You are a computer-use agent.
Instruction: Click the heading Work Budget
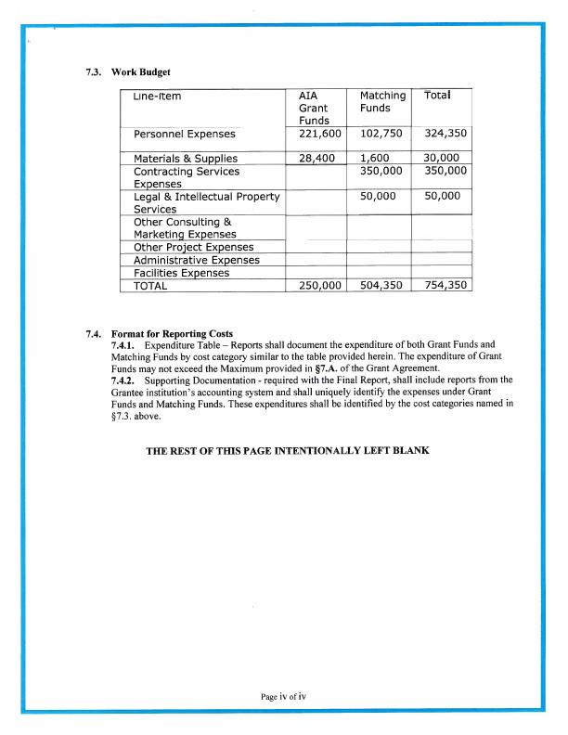(140, 71)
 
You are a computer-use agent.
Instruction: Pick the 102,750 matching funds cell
(378, 135)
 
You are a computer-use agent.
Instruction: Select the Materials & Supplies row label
(186, 159)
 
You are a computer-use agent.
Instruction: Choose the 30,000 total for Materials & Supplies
(442, 159)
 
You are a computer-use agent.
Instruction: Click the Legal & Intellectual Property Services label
(206, 203)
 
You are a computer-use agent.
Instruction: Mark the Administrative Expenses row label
(197, 260)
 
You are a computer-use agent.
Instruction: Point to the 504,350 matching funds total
(378, 286)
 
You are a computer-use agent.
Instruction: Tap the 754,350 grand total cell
(442, 286)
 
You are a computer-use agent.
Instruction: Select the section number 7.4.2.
(124, 380)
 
